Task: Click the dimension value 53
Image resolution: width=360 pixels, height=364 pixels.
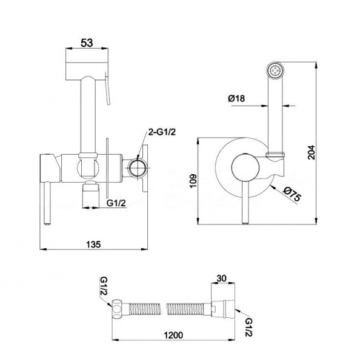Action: click(87, 42)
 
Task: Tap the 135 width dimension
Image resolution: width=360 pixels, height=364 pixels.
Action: click(93, 244)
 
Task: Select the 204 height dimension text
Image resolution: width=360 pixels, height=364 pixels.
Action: click(312, 152)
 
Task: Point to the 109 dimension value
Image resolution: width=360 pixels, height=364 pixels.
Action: click(193, 181)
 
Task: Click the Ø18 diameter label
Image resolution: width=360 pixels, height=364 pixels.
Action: click(236, 98)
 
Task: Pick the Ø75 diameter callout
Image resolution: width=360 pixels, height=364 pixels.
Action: click(292, 195)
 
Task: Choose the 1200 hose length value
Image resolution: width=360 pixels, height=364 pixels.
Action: click(173, 335)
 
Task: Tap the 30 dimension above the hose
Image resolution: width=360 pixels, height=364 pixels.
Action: click(221, 278)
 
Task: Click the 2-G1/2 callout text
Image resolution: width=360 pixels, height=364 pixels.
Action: click(162, 132)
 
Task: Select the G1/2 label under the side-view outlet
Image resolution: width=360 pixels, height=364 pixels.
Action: click(116, 203)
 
